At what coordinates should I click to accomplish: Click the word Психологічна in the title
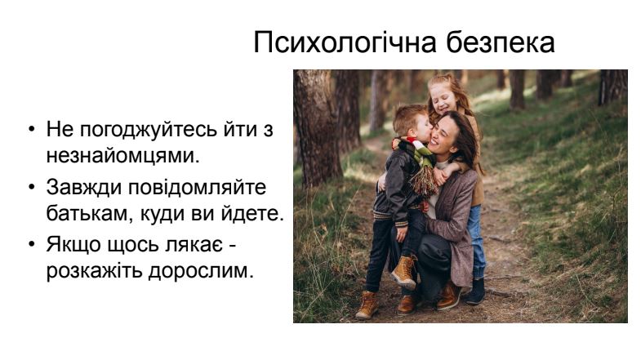346,42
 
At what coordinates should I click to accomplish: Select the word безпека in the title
501,42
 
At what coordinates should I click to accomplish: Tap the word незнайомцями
123,156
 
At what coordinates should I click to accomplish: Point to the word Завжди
84,189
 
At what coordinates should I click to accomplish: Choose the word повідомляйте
198,188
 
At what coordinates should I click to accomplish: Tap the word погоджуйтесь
149,131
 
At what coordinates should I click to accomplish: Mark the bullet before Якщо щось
33,244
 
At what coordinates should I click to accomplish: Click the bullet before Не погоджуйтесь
33,129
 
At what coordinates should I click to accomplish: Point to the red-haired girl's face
443,98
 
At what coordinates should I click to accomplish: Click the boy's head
412,121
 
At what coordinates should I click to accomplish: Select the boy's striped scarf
419,167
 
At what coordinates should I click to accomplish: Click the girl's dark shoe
475,291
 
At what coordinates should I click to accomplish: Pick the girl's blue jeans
477,240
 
